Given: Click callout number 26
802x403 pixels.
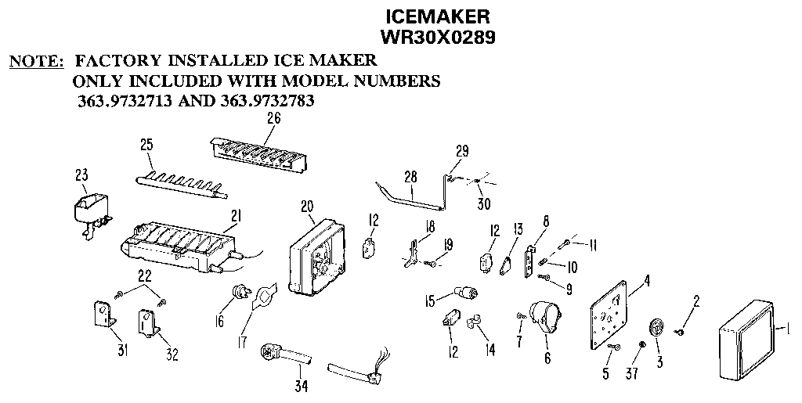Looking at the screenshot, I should coord(273,120).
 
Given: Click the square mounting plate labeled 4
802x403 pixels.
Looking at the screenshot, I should coord(608,314).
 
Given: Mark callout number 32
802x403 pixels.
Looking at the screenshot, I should coord(172,354).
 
